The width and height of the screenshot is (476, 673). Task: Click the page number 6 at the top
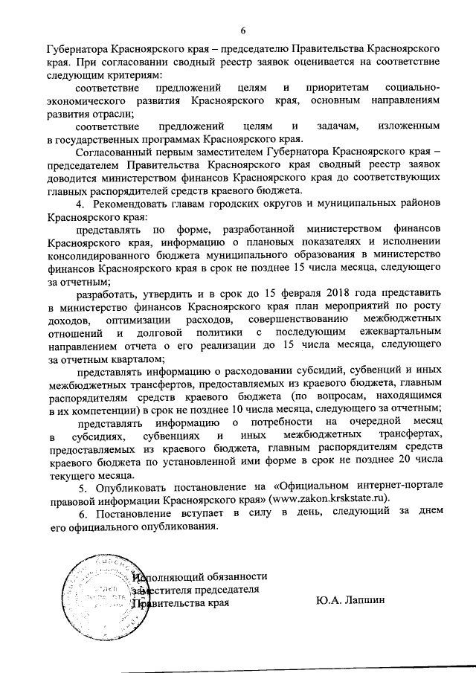[x=242, y=30]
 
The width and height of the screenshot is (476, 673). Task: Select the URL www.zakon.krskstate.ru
[x=335, y=497]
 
